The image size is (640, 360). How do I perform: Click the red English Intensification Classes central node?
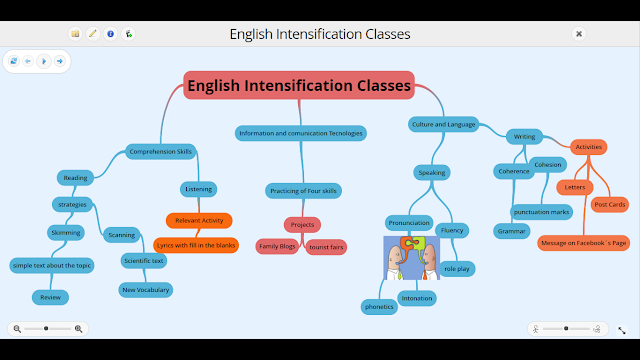(x=298, y=86)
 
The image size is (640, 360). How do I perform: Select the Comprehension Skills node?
(x=160, y=152)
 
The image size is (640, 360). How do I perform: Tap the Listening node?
(x=198, y=188)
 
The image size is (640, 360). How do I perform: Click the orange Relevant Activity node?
(x=199, y=220)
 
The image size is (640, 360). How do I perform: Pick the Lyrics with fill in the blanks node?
(x=195, y=245)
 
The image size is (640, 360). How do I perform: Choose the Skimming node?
(x=66, y=232)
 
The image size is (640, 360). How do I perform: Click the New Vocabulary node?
(x=145, y=290)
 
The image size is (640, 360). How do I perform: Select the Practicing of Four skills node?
(x=303, y=190)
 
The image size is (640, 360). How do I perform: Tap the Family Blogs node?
(x=277, y=245)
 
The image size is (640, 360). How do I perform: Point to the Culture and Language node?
(x=443, y=124)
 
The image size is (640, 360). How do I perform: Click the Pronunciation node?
(x=408, y=223)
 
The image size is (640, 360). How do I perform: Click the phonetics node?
(x=379, y=306)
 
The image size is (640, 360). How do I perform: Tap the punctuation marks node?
(x=541, y=212)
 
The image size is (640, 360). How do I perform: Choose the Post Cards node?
(x=609, y=204)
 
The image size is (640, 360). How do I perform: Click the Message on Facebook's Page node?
(x=583, y=242)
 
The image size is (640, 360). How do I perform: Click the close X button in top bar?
(x=578, y=33)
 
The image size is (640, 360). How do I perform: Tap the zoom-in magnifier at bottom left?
(x=79, y=328)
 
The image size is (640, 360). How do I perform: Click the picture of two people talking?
(x=411, y=257)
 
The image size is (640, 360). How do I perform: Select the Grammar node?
(x=510, y=231)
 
